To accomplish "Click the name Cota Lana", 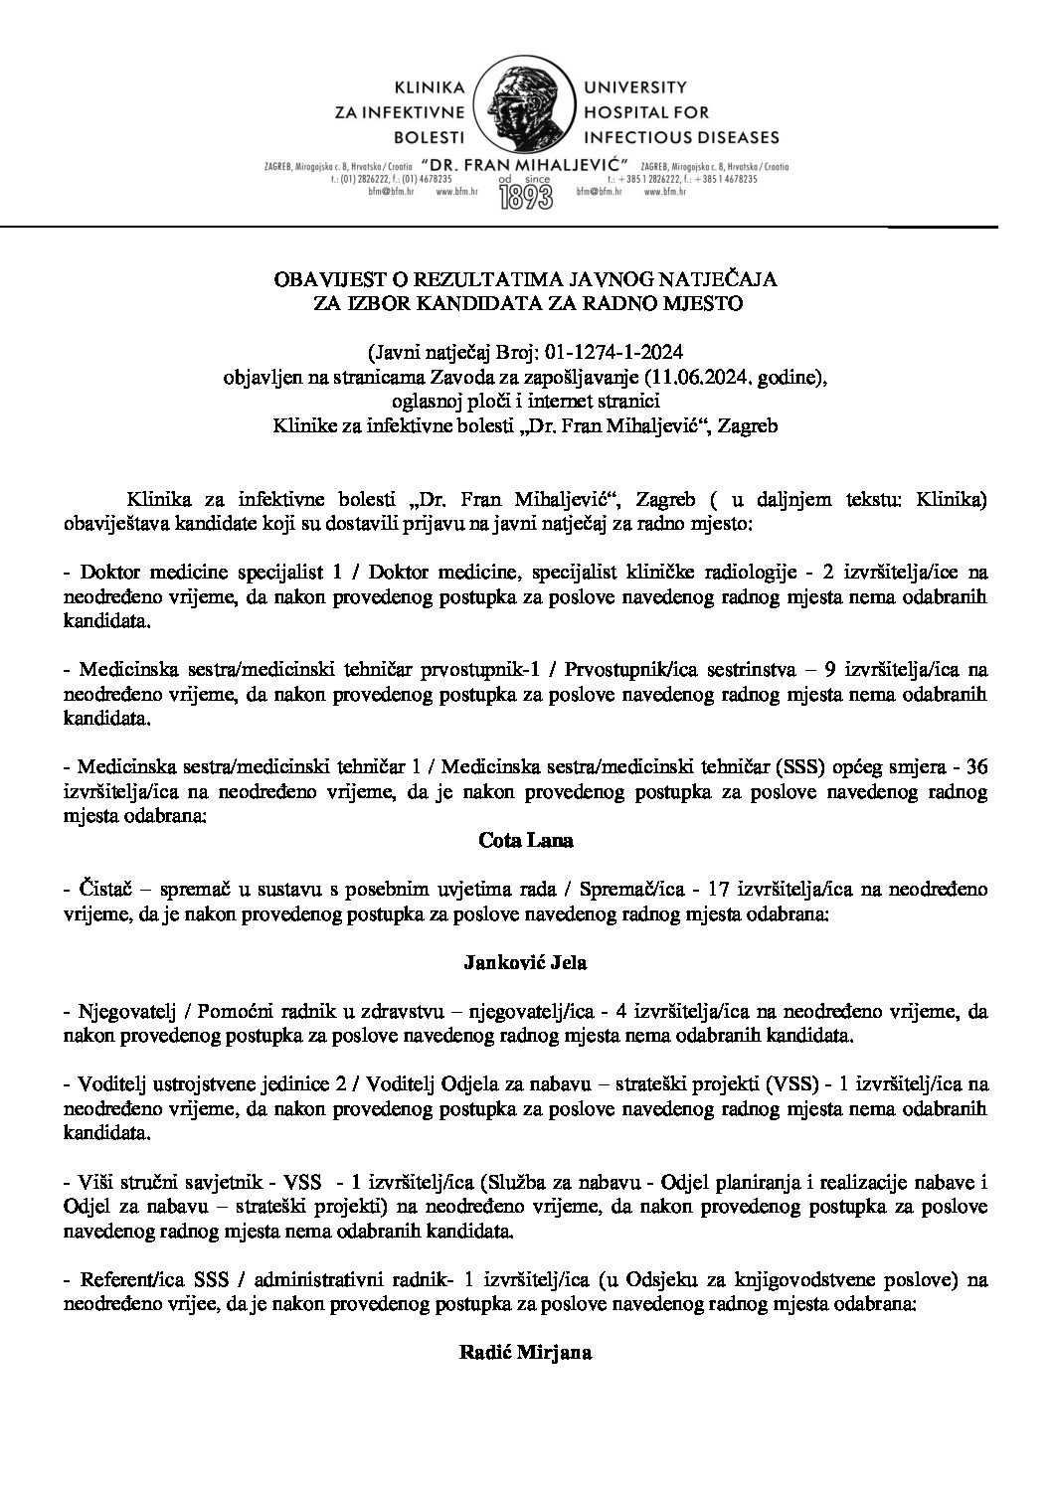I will click(x=526, y=840).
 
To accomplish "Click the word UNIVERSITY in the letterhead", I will click(x=623, y=87).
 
